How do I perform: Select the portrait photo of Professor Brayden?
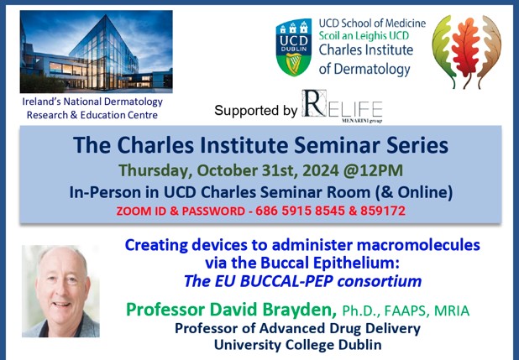point(60,290)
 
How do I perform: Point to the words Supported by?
point(255,110)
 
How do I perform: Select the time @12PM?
point(358,170)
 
